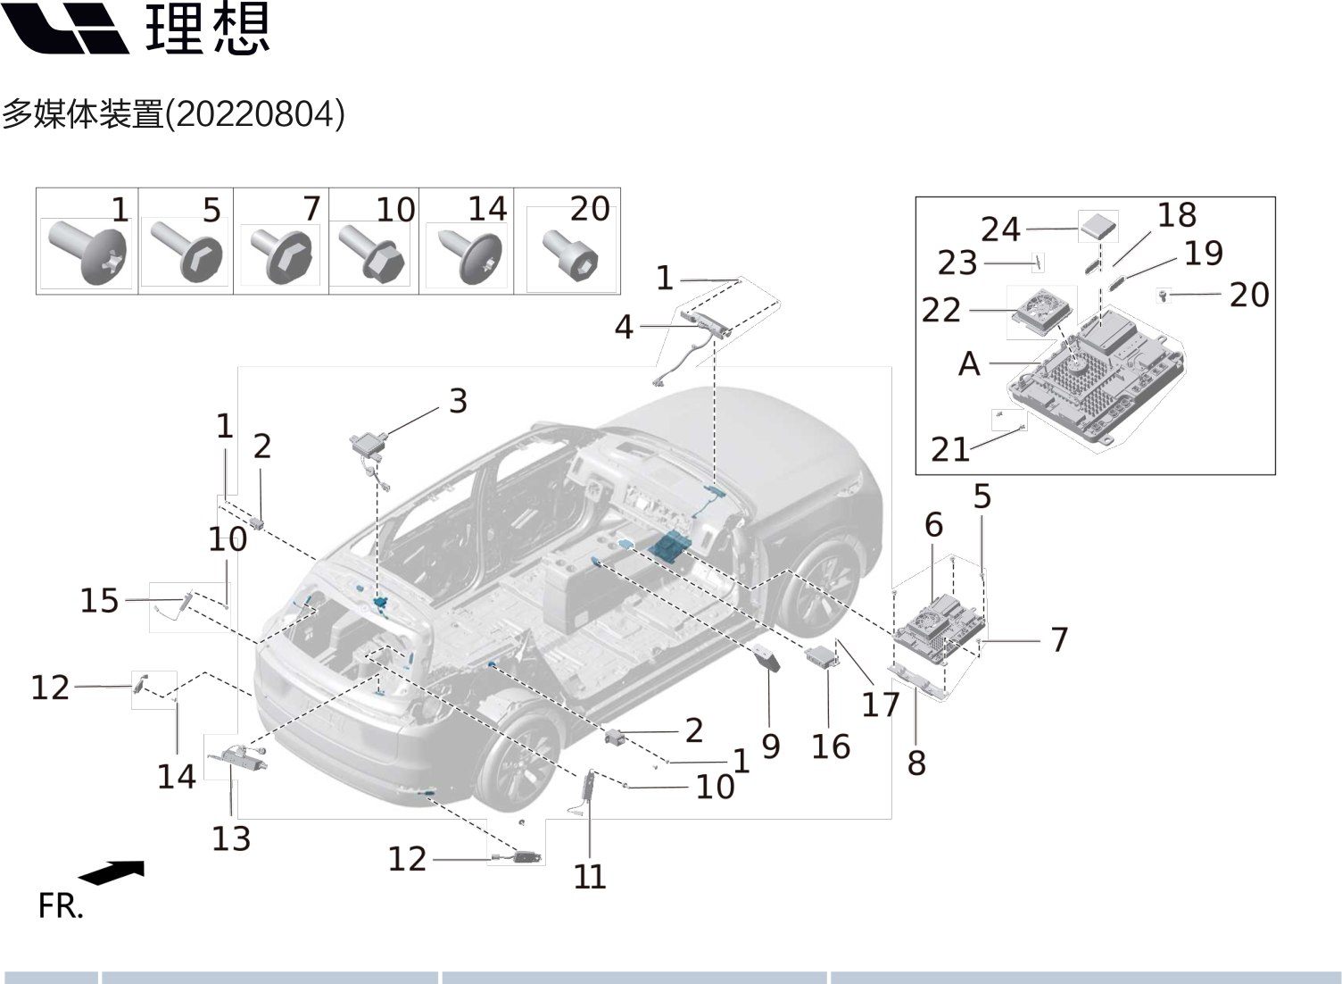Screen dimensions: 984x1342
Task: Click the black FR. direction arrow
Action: coord(112,872)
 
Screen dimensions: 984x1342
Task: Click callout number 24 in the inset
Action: coord(1000,229)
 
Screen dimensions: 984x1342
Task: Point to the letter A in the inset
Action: coord(969,364)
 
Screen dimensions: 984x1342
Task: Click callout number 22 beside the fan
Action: coord(940,310)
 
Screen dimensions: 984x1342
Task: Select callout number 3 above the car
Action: coord(458,401)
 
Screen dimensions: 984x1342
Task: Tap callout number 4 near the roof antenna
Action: coord(624,327)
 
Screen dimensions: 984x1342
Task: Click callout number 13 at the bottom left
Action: coord(231,838)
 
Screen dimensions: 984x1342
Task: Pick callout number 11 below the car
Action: coord(590,876)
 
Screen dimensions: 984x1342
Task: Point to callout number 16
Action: coord(830,746)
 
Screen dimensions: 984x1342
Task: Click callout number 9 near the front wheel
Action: coord(771,746)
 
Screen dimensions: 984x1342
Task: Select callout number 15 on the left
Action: coord(99,600)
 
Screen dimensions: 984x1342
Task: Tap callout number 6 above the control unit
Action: coord(933,524)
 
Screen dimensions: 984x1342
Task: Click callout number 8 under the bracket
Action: coord(916,763)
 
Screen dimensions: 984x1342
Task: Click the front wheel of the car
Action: coord(819,586)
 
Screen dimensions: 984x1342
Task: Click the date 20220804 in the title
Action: coord(256,114)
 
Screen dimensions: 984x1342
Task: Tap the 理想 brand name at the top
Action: coord(207,29)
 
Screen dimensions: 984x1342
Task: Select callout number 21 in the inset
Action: coord(949,449)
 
